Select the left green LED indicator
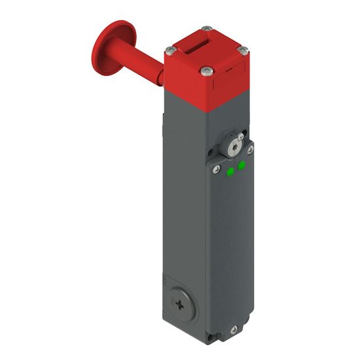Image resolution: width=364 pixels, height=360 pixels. [230, 172]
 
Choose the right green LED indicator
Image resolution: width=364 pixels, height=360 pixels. [242, 166]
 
